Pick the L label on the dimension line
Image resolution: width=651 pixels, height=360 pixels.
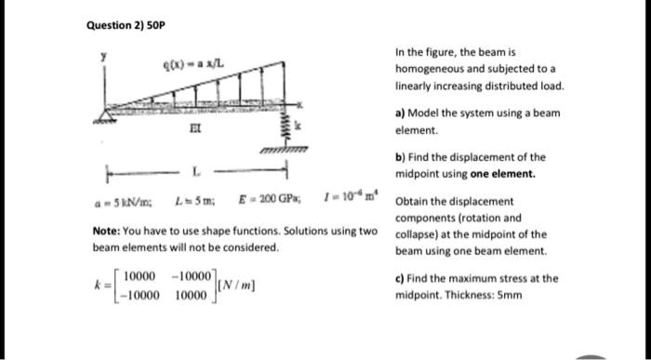click(x=196, y=173)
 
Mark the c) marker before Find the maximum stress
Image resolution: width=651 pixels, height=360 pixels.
click(x=401, y=277)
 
